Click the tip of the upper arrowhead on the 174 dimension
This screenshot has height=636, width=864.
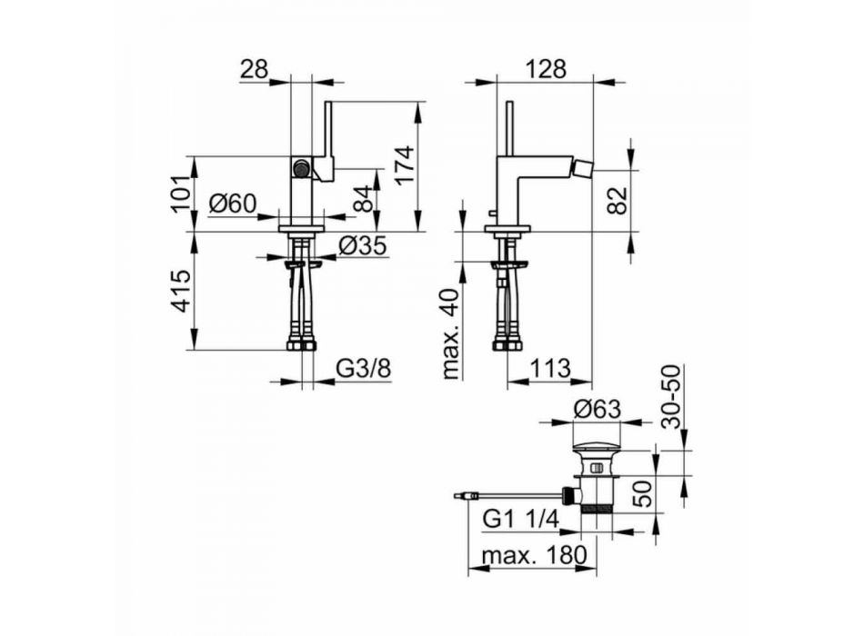coord(417,102)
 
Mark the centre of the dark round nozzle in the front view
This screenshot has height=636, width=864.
coord(301,167)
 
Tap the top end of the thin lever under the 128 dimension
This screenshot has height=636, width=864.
coord(510,103)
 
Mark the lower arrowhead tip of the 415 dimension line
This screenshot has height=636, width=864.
coord(195,349)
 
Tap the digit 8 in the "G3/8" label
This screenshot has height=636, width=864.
coord(384,368)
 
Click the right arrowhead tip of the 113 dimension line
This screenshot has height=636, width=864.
coord(592,381)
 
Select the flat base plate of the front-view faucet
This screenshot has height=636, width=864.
coord(301,227)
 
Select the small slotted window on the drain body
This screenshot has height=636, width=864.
coord(597,469)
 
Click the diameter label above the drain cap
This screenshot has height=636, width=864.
coord(598,409)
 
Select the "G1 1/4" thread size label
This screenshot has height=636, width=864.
coord(521,519)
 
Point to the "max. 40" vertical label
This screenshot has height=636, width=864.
coord(452,333)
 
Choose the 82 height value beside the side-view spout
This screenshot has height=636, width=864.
coord(618,201)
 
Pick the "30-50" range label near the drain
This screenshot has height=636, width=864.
coord(672,396)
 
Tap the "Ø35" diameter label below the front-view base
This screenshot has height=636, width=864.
coord(363,245)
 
